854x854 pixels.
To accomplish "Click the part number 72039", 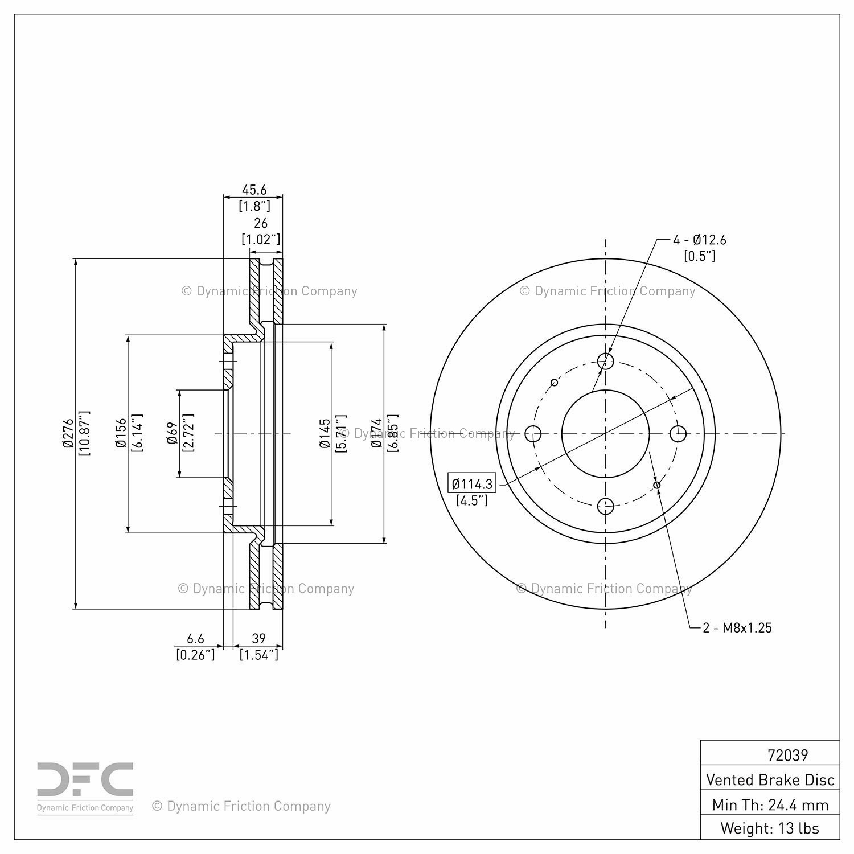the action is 787,755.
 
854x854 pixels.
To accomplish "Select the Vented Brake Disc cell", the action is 770,779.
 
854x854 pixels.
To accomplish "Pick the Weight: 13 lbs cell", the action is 770,827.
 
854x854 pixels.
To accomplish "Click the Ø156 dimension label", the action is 121,434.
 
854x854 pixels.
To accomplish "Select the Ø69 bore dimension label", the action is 173,434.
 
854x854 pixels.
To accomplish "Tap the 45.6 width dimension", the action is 254,190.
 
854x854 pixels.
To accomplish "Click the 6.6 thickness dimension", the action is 195,639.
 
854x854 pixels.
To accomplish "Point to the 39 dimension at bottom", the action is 259,639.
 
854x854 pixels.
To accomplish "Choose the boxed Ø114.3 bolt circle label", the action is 472,484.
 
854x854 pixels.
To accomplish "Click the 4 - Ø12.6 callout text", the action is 699,240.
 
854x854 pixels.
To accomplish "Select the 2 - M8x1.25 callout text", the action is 737,628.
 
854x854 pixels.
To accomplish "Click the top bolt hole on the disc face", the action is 606,360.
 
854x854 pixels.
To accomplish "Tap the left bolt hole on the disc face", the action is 533,434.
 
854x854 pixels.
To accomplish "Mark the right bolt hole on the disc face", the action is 678,434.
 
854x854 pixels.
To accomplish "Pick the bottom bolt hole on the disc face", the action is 606,506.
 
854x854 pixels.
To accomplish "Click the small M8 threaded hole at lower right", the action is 657,485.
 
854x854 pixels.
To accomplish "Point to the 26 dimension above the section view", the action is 261,223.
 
